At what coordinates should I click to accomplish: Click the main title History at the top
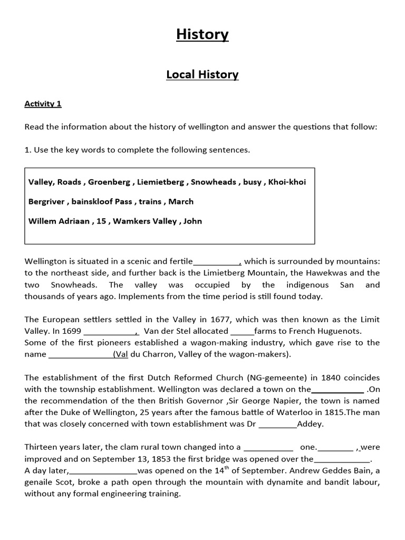(x=202, y=35)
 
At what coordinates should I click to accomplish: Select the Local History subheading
(x=202, y=74)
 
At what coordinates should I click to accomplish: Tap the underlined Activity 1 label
(x=43, y=104)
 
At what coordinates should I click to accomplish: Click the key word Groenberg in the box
(x=109, y=182)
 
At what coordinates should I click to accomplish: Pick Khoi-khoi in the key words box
(x=287, y=182)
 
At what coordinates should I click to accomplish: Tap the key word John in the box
(x=192, y=221)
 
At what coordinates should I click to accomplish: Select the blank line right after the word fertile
(x=217, y=262)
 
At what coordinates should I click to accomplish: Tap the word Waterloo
(x=277, y=412)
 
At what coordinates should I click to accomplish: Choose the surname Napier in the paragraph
(x=260, y=401)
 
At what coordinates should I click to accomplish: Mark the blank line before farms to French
(x=242, y=332)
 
